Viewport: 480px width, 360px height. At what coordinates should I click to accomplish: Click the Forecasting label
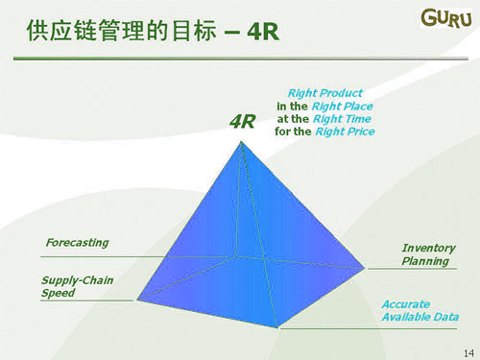77,243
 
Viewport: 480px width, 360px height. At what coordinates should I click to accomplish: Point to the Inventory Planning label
428,254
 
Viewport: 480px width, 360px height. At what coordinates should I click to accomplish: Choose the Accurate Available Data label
420,310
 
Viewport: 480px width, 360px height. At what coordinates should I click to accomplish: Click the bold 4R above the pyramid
243,122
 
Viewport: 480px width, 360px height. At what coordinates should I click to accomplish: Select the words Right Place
342,106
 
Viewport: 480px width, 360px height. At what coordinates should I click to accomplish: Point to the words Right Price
343,132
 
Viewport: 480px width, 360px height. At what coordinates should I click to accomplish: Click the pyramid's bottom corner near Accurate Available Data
279,326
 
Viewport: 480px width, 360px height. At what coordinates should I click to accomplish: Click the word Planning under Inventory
424,261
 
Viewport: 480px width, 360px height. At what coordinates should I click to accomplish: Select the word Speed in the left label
58,294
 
